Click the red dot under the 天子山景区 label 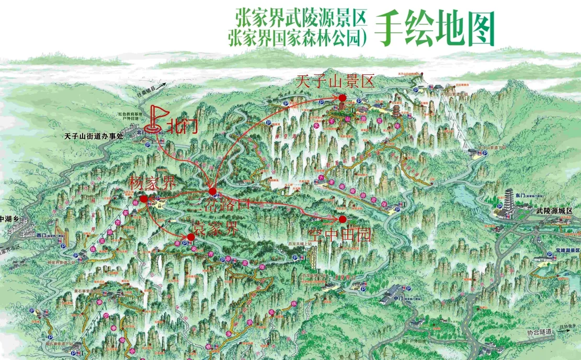[342, 98]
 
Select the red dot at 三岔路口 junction [213, 192]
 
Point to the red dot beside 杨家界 [144, 199]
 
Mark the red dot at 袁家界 [191, 237]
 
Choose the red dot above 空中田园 [343, 219]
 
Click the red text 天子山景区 [336, 82]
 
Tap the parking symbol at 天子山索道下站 [481, 148]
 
